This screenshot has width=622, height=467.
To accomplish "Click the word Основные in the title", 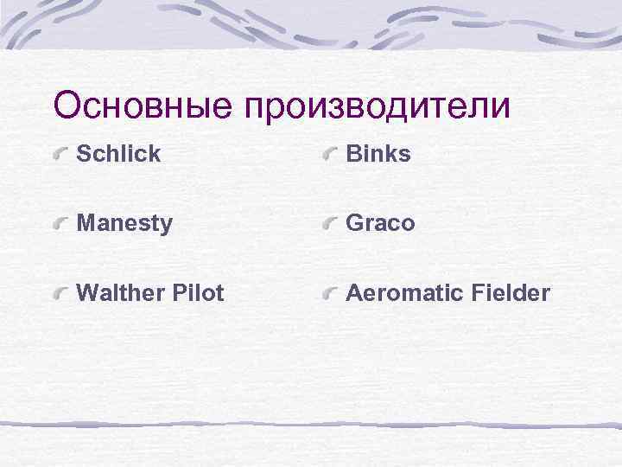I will tap(144, 106).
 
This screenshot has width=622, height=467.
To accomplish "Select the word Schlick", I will tap(118, 154).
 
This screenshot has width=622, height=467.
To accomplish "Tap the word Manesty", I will tap(124, 224).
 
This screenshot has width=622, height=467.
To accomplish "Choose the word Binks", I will tap(378, 154).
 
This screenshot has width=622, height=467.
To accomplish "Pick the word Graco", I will tap(380, 223).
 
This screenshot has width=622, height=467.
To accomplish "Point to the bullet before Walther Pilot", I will tap(60, 295).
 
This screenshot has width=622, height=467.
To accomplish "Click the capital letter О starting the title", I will tap(68, 106).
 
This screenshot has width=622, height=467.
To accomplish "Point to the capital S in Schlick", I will tap(84, 154).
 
